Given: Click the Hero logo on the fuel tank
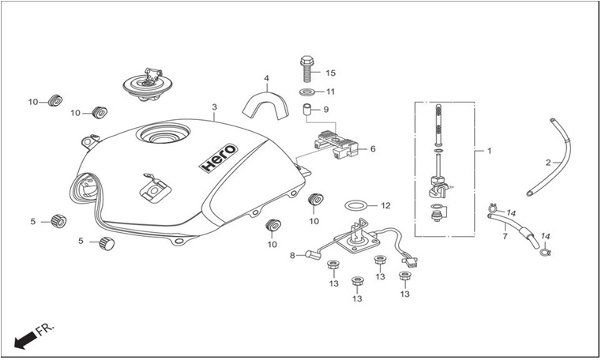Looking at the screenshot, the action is click(219, 157).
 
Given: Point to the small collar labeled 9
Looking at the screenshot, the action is click(306, 109).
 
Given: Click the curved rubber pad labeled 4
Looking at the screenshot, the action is click(266, 103).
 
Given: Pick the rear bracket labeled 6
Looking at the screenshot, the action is click(336, 145).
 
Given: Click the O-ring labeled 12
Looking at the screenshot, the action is click(355, 205).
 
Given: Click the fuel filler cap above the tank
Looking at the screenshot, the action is click(147, 85).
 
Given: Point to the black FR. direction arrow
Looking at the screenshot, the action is click(25, 341).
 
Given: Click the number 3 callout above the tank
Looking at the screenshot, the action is click(215, 107).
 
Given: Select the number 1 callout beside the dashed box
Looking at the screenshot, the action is click(489, 151).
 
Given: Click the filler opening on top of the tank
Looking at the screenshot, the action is click(165, 134).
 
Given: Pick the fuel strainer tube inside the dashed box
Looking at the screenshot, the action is click(438, 122).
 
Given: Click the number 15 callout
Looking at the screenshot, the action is click(331, 73).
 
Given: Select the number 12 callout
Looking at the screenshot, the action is click(385, 206).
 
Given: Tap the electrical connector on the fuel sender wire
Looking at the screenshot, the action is click(410, 262).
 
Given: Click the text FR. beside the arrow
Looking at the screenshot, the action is click(45, 329).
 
